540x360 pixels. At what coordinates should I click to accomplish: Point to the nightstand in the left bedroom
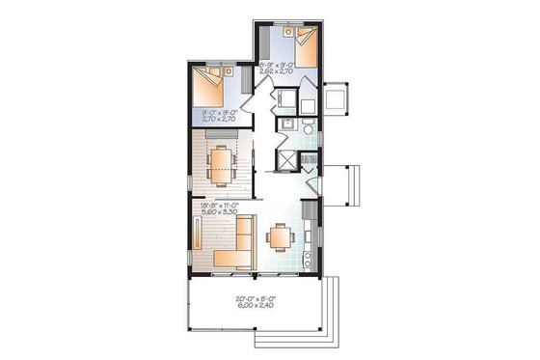point(228,69)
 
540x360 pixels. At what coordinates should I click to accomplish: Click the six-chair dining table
point(223,162)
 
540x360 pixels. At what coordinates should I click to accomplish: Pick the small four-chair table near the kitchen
point(280,236)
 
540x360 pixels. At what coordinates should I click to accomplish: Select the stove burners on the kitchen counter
point(308,256)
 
